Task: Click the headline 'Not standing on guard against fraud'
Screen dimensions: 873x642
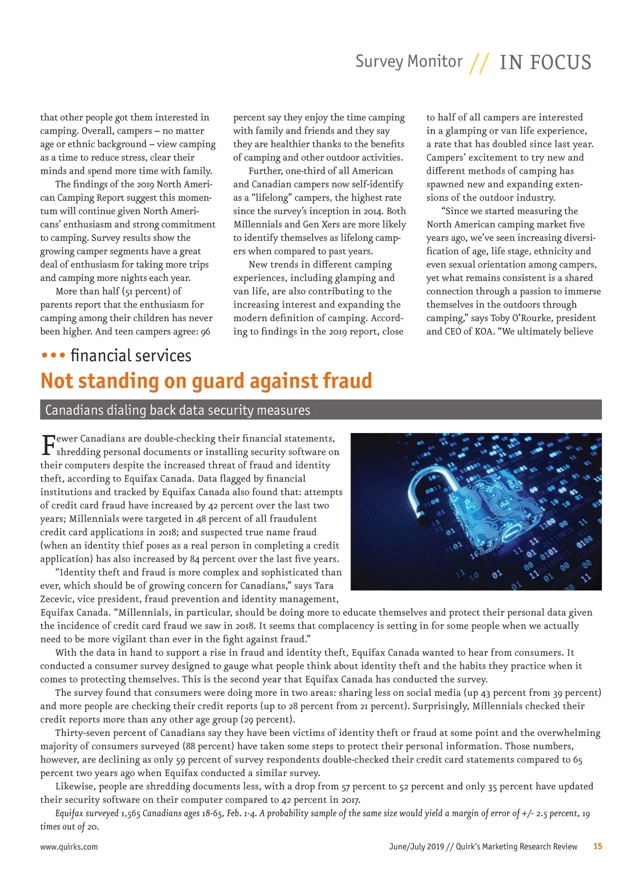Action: [x=206, y=381]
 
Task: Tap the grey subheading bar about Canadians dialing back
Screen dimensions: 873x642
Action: [x=320, y=410]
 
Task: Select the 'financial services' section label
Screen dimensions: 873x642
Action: [x=131, y=356]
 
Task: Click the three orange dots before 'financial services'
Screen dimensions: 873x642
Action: [x=53, y=355]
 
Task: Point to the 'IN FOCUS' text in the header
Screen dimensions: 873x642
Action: [x=545, y=63]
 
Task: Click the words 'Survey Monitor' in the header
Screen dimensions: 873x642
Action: [x=409, y=62]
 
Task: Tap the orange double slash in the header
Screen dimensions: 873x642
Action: [x=479, y=63]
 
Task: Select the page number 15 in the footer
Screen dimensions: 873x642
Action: [x=598, y=846]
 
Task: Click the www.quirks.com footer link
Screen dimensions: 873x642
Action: [x=69, y=847]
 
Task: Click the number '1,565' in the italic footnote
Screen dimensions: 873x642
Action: [x=131, y=814]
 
